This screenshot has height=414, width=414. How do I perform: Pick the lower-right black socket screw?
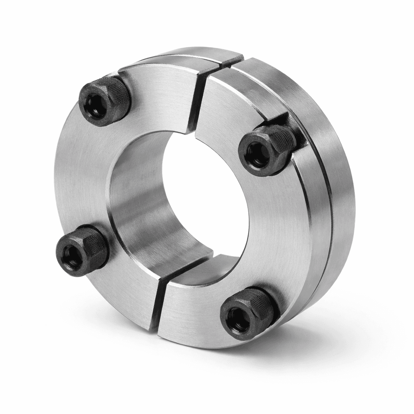[247, 312]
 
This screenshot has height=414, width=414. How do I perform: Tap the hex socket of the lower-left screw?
[73, 256]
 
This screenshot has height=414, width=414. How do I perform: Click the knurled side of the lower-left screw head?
[97, 243]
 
